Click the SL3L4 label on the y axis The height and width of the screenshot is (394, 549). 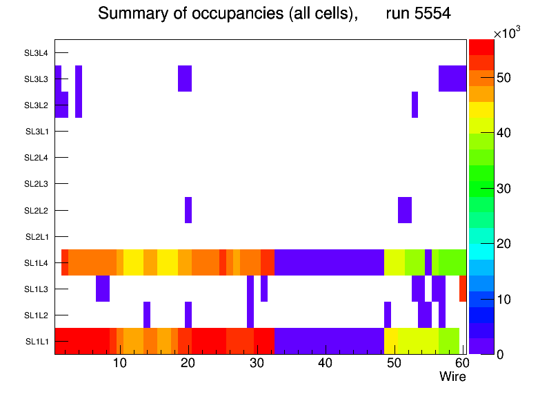click(x=37, y=53)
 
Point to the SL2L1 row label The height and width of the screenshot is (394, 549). click(x=37, y=237)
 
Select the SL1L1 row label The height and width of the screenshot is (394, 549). click(x=37, y=342)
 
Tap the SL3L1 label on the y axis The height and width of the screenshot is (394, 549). click(x=37, y=132)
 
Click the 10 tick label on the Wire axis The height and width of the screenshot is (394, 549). click(x=119, y=363)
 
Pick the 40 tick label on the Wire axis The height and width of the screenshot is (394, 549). click(x=326, y=363)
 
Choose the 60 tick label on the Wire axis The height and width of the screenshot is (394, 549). click(x=461, y=363)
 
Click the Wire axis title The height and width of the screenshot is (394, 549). click(x=452, y=377)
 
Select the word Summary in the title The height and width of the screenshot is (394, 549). click(x=128, y=14)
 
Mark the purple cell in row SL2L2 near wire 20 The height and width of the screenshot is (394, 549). click(x=188, y=210)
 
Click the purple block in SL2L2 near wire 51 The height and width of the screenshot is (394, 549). click(x=405, y=210)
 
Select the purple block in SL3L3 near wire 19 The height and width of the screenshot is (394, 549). click(x=185, y=79)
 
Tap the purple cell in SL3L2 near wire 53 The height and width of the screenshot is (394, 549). click(x=415, y=105)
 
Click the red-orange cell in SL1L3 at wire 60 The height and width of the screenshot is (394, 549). click(x=463, y=289)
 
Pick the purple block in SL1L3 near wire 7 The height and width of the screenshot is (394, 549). click(x=103, y=289)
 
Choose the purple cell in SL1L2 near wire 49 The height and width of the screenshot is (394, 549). click(x=388, y=315)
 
